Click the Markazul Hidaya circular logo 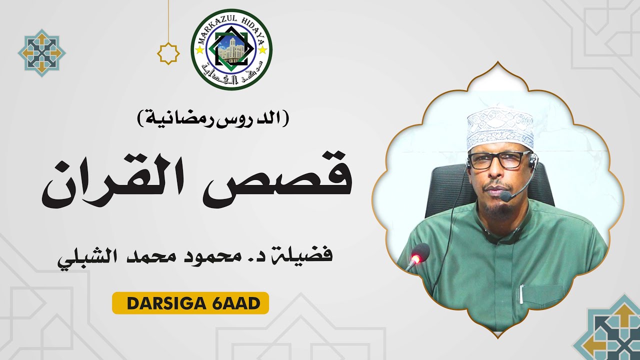pos(231,49)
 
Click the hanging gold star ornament pos(168,53)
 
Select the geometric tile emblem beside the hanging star pos(42,53)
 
